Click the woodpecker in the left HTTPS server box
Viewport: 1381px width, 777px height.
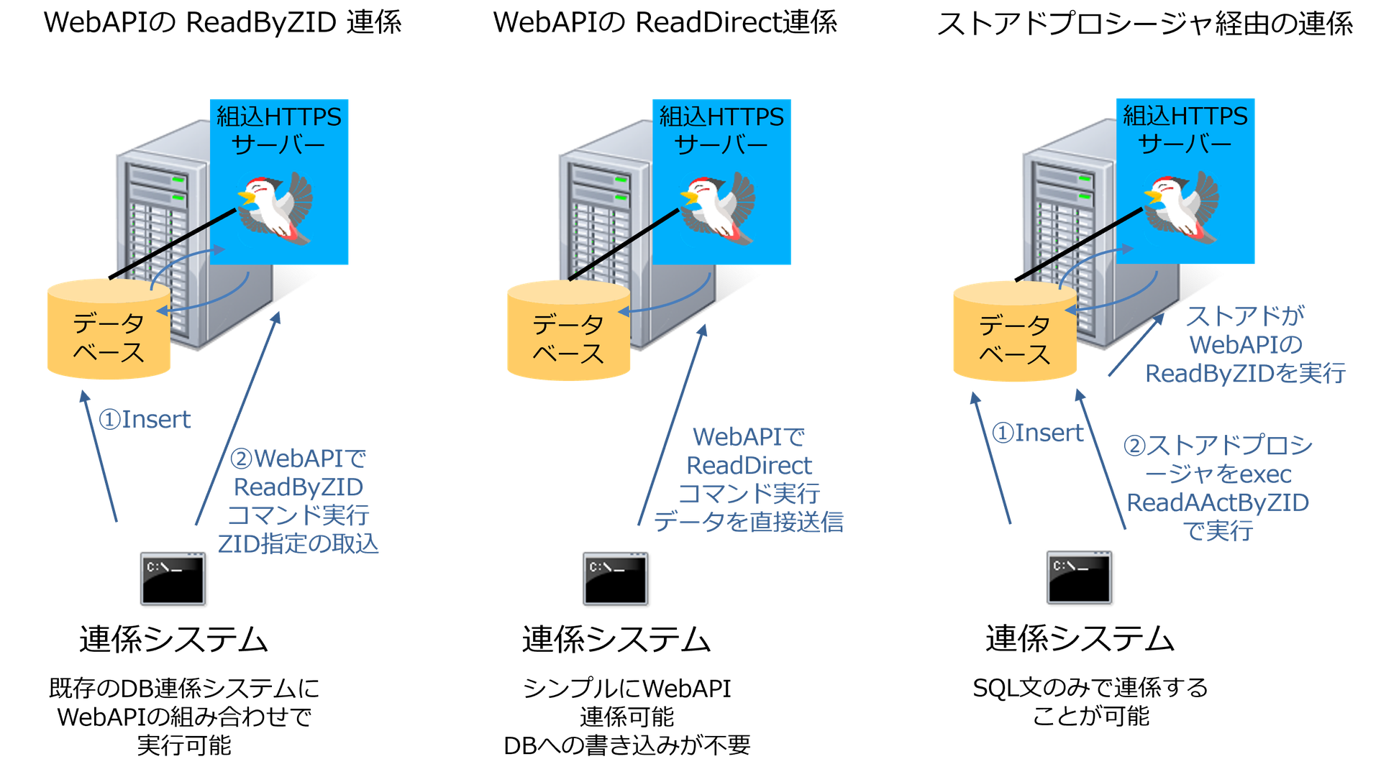point(276,207)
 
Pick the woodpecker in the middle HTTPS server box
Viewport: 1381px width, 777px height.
point(719,207)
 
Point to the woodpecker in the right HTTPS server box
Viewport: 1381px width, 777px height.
point(1182,206)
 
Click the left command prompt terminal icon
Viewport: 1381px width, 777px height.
point(172,578)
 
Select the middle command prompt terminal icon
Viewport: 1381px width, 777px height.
point(615,578)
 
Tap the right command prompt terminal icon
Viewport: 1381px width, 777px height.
point(1078,576)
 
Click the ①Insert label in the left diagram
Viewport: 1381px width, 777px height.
point(145,419)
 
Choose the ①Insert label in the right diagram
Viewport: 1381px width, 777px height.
point(1037,433)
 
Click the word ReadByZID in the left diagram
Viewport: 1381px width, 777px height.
point(298,487)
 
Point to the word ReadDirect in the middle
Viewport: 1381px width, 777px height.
point(749,466)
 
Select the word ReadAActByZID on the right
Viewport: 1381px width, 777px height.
point(1218,502)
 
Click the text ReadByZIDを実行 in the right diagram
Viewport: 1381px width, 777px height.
point(1245,373)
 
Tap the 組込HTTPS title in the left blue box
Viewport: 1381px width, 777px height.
point(279,116)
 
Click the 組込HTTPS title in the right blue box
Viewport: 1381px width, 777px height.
point(1185,116)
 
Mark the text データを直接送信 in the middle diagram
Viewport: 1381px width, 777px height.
point(749,522)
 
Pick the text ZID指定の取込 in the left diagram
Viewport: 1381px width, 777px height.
point(298,544)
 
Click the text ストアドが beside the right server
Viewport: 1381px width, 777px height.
point(1245,316)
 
